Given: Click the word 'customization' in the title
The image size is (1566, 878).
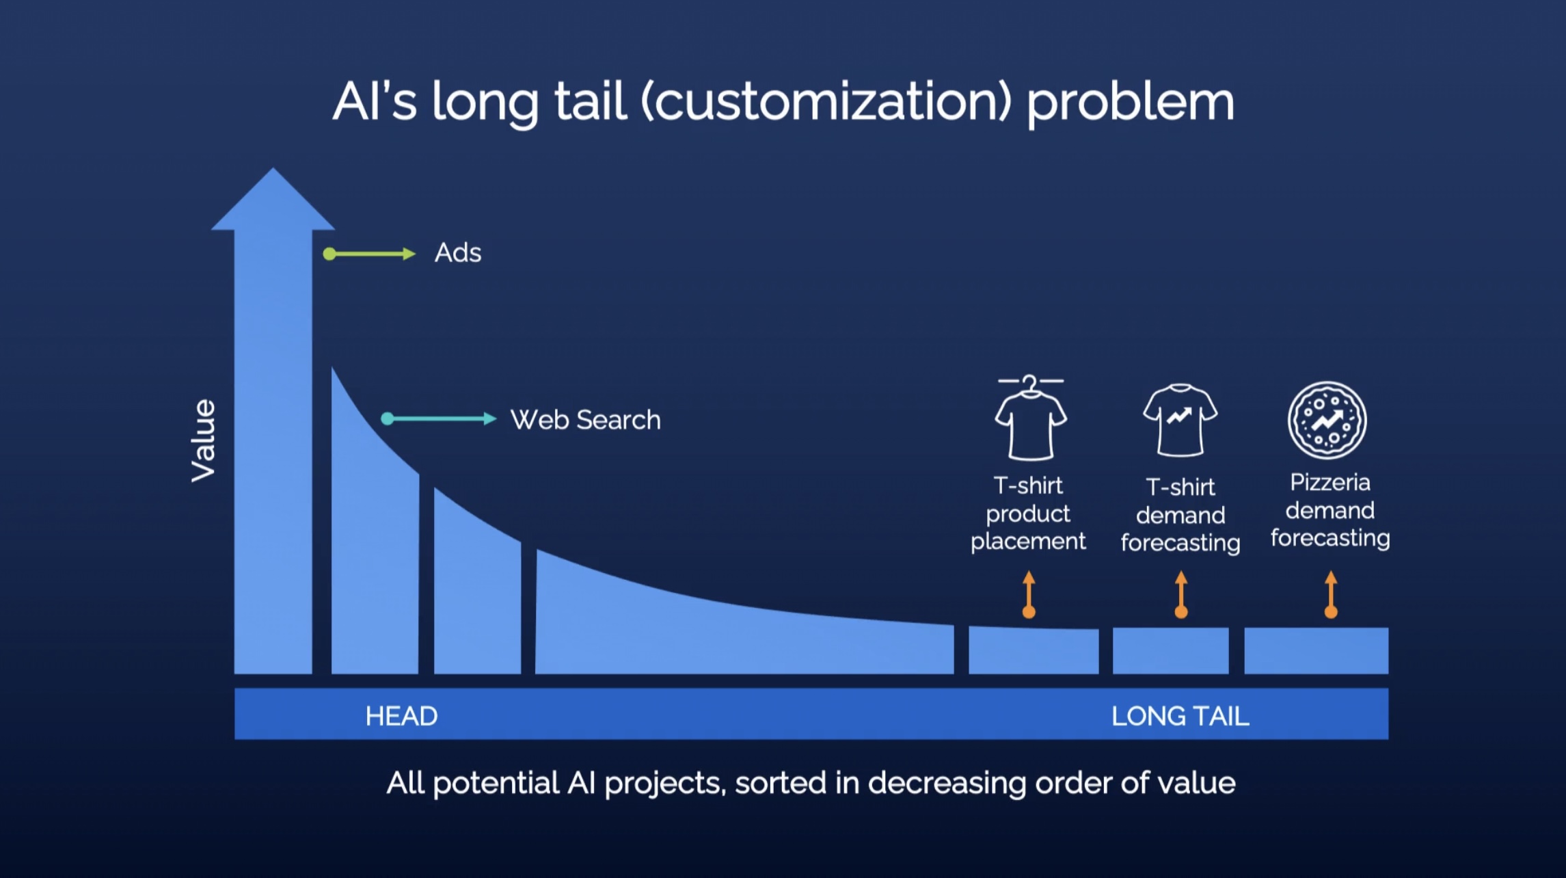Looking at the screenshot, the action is coord(826,102).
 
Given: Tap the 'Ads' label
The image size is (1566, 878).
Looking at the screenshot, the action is coord(458,253).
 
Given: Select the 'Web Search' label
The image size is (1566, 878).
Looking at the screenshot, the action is coord(586,420).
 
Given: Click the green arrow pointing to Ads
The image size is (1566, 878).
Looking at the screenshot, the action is coord(369,254).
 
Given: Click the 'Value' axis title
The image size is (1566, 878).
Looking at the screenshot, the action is coord(203,440).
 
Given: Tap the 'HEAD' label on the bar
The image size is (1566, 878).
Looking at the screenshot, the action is coord(401,716).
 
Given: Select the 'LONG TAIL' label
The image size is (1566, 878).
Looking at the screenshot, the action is coord(1180,716).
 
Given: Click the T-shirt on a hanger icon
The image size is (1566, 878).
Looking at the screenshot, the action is coord(1030,418).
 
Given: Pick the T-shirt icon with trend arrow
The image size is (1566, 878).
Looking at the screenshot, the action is coord(1180,420).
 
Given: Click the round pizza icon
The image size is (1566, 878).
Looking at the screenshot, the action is coord(1327,420).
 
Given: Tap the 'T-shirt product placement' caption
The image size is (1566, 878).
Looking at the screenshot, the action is coord(1028,514).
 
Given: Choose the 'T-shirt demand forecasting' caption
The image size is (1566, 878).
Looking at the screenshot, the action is coord(1180,515).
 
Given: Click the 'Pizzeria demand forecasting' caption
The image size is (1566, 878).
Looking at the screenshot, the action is coord(1330,510).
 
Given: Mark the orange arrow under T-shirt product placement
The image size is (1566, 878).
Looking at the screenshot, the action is coord(1029,595).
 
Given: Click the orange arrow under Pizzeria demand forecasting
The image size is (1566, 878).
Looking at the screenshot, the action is coord(1331,595).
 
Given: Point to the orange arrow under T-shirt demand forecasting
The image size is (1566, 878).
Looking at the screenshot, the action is coord(1181,595).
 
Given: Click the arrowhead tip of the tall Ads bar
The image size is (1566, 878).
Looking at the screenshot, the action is coord(273,168).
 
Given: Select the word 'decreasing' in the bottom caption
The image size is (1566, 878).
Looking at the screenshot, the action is coord(947,784).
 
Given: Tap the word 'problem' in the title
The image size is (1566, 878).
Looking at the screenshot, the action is coord(1131,103).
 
